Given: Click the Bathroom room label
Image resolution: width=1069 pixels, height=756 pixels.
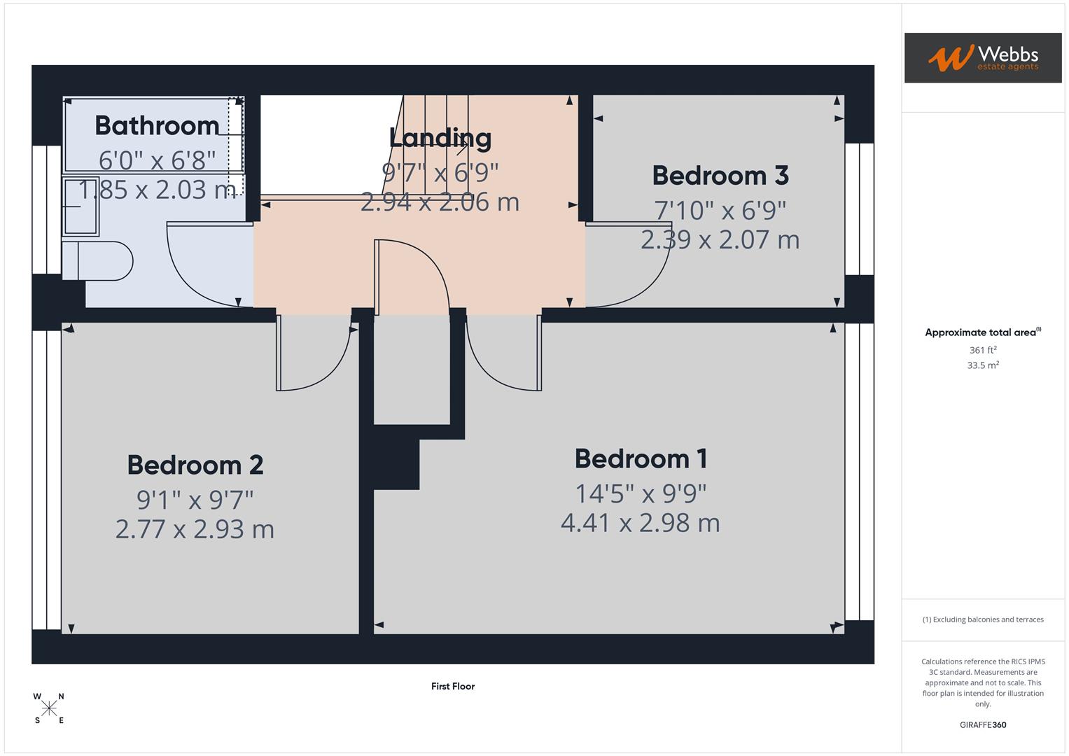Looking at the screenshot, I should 157,126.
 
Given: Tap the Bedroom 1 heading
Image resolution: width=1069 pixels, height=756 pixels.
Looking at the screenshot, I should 641,459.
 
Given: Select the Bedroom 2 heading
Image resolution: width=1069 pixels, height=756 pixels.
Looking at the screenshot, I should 195,465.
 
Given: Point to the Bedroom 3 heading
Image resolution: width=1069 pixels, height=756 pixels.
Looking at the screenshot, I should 720,176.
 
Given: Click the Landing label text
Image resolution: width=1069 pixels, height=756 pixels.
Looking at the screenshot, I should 440,138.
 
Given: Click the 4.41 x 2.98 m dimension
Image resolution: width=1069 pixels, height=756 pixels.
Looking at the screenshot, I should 640,523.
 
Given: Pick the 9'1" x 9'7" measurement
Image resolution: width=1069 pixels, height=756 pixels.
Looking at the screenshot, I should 195,500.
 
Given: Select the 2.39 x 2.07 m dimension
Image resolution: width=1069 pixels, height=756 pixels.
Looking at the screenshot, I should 720,240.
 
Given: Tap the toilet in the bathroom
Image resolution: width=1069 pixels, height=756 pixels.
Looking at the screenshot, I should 97,261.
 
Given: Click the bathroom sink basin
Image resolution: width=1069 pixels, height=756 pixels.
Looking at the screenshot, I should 81,206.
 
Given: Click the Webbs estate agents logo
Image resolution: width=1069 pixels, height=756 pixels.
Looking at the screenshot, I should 982,58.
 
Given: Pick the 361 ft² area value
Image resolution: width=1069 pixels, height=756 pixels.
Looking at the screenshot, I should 982,350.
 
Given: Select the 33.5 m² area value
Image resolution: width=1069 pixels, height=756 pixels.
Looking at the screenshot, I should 982,365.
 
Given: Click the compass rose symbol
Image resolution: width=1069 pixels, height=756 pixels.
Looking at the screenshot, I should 49,708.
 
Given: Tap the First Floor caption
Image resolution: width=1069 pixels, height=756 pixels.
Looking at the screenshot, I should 453,687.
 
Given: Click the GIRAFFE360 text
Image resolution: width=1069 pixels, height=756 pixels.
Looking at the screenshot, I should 982,725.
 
